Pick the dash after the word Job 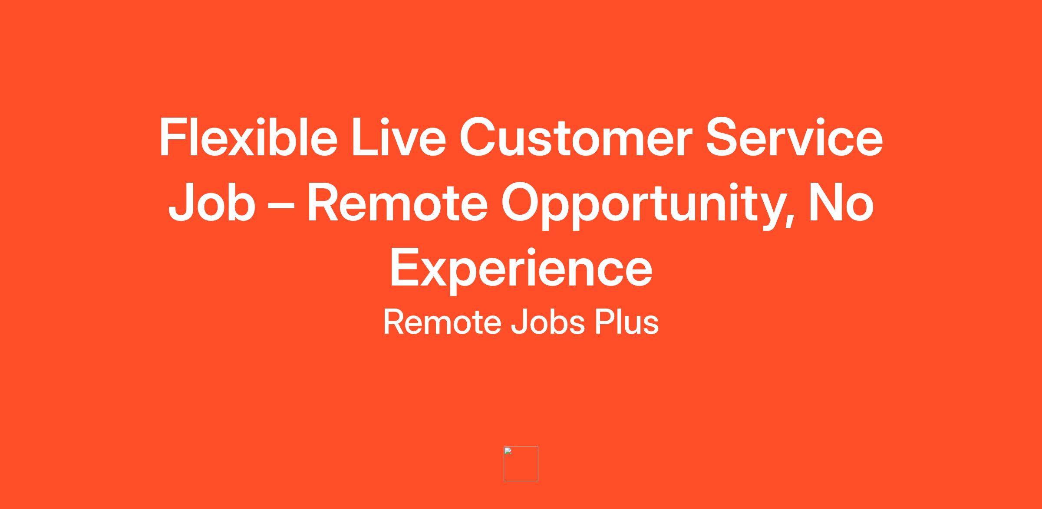(281, 206)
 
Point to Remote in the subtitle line (442, 322)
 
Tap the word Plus (627, 322)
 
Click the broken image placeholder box (521, 464)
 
